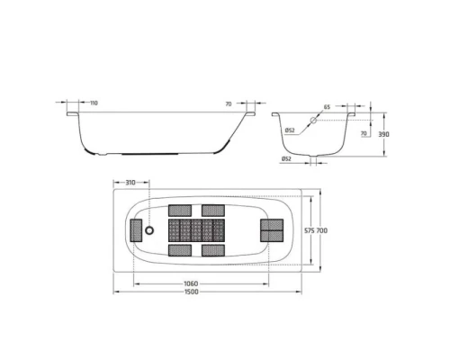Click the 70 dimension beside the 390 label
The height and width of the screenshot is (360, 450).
click(363, 133)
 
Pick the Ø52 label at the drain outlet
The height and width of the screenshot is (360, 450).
click(285, 159)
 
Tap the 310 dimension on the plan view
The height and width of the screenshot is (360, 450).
click(131, 183)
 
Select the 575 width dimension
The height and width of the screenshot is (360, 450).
click(309, 231)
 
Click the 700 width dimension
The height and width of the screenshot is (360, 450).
click(323, 231)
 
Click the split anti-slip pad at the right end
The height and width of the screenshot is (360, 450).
click(271, 230)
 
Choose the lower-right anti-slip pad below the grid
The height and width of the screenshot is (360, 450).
click(213, 250)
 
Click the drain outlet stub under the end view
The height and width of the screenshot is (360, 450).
click(314, 160)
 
